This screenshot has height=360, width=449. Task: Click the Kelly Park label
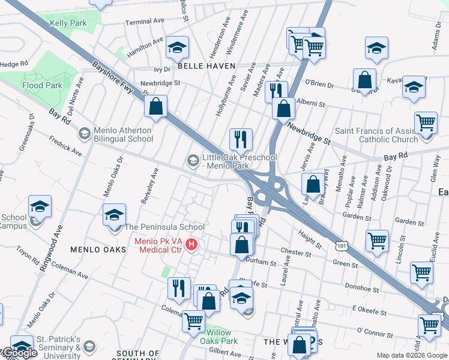point(68,23)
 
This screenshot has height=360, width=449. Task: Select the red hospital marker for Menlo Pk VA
point(191,244)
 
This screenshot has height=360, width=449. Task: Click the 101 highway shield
point(341,245)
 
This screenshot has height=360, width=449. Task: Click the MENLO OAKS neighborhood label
point(98,249)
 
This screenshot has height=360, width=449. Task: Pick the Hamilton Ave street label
point(145,47)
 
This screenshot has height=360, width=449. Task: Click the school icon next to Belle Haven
point(177,47)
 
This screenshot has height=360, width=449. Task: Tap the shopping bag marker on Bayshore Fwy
point(155,107)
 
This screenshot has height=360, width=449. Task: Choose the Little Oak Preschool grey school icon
point(193,160)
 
